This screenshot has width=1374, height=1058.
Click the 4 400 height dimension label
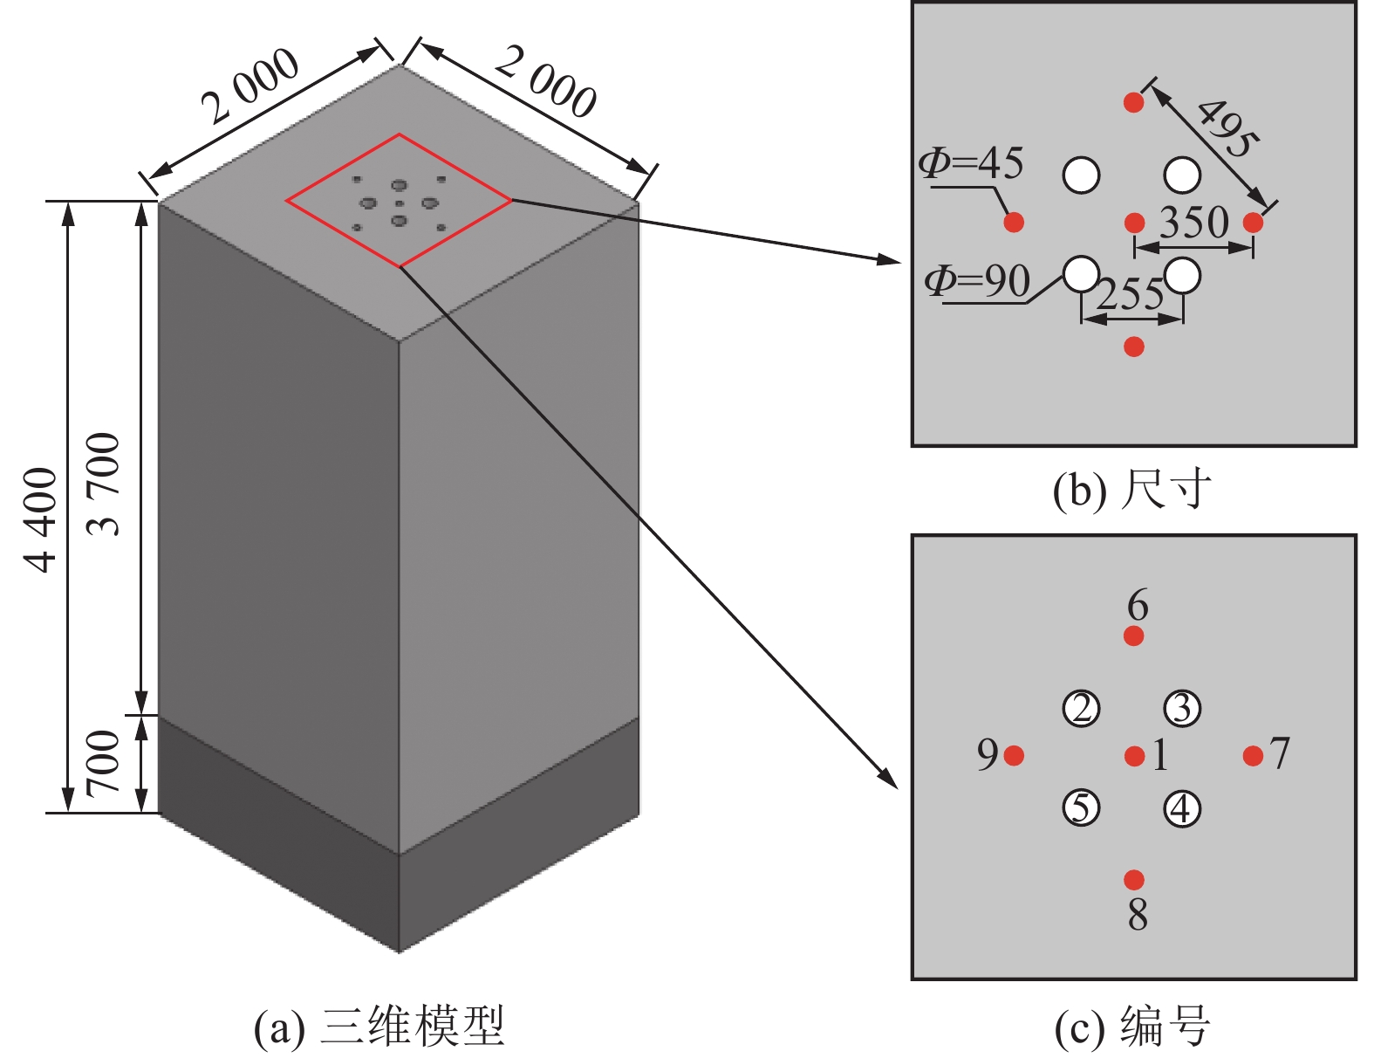tap(41, 520)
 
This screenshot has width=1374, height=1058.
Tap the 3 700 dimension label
tap(105, 483)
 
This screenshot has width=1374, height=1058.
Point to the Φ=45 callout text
tap(971, 163)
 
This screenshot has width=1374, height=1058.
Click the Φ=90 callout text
tap(977, 281)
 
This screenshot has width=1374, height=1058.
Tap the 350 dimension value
tap(1193, 223)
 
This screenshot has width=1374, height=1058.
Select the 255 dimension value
tap(1131, 295)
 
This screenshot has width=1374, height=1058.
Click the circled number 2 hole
tap(1082, 709)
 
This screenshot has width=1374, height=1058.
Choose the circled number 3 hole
tap(1182, 709)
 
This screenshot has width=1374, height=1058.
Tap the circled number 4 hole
tap(1182, 809)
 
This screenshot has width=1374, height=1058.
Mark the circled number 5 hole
tap(1082, 808)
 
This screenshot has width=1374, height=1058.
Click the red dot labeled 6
tap(1134, 635)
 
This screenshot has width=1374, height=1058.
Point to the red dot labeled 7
tap(1253, 756)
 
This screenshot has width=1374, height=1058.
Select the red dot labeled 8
tap(1134, 879)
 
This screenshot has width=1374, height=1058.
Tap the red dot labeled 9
tap(1014, 756)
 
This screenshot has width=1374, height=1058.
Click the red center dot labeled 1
tap(1134, 756)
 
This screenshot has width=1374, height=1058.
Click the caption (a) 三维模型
tap(379, 1027)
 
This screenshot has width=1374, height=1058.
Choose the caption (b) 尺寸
tap(1132, 490)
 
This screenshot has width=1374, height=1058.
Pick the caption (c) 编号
tap(1132, 1027)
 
